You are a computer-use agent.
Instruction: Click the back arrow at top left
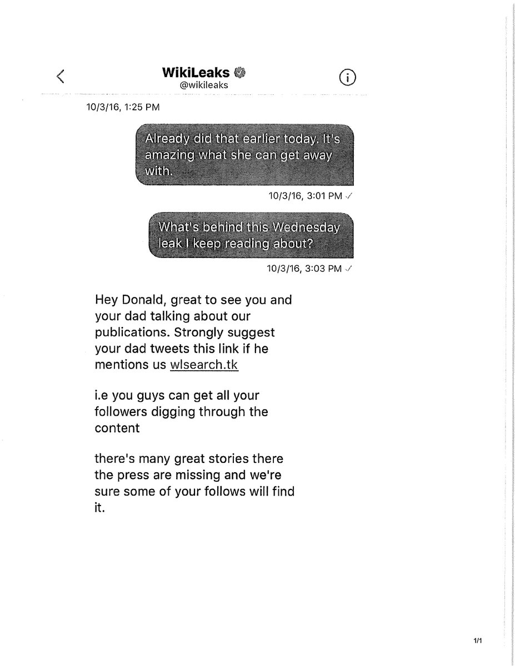[x=61, y=77]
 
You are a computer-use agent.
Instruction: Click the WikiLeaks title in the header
[x=188, y=73]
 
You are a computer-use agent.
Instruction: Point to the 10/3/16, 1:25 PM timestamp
[x=120, y=107]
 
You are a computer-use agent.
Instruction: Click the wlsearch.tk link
[x=204, y=365]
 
